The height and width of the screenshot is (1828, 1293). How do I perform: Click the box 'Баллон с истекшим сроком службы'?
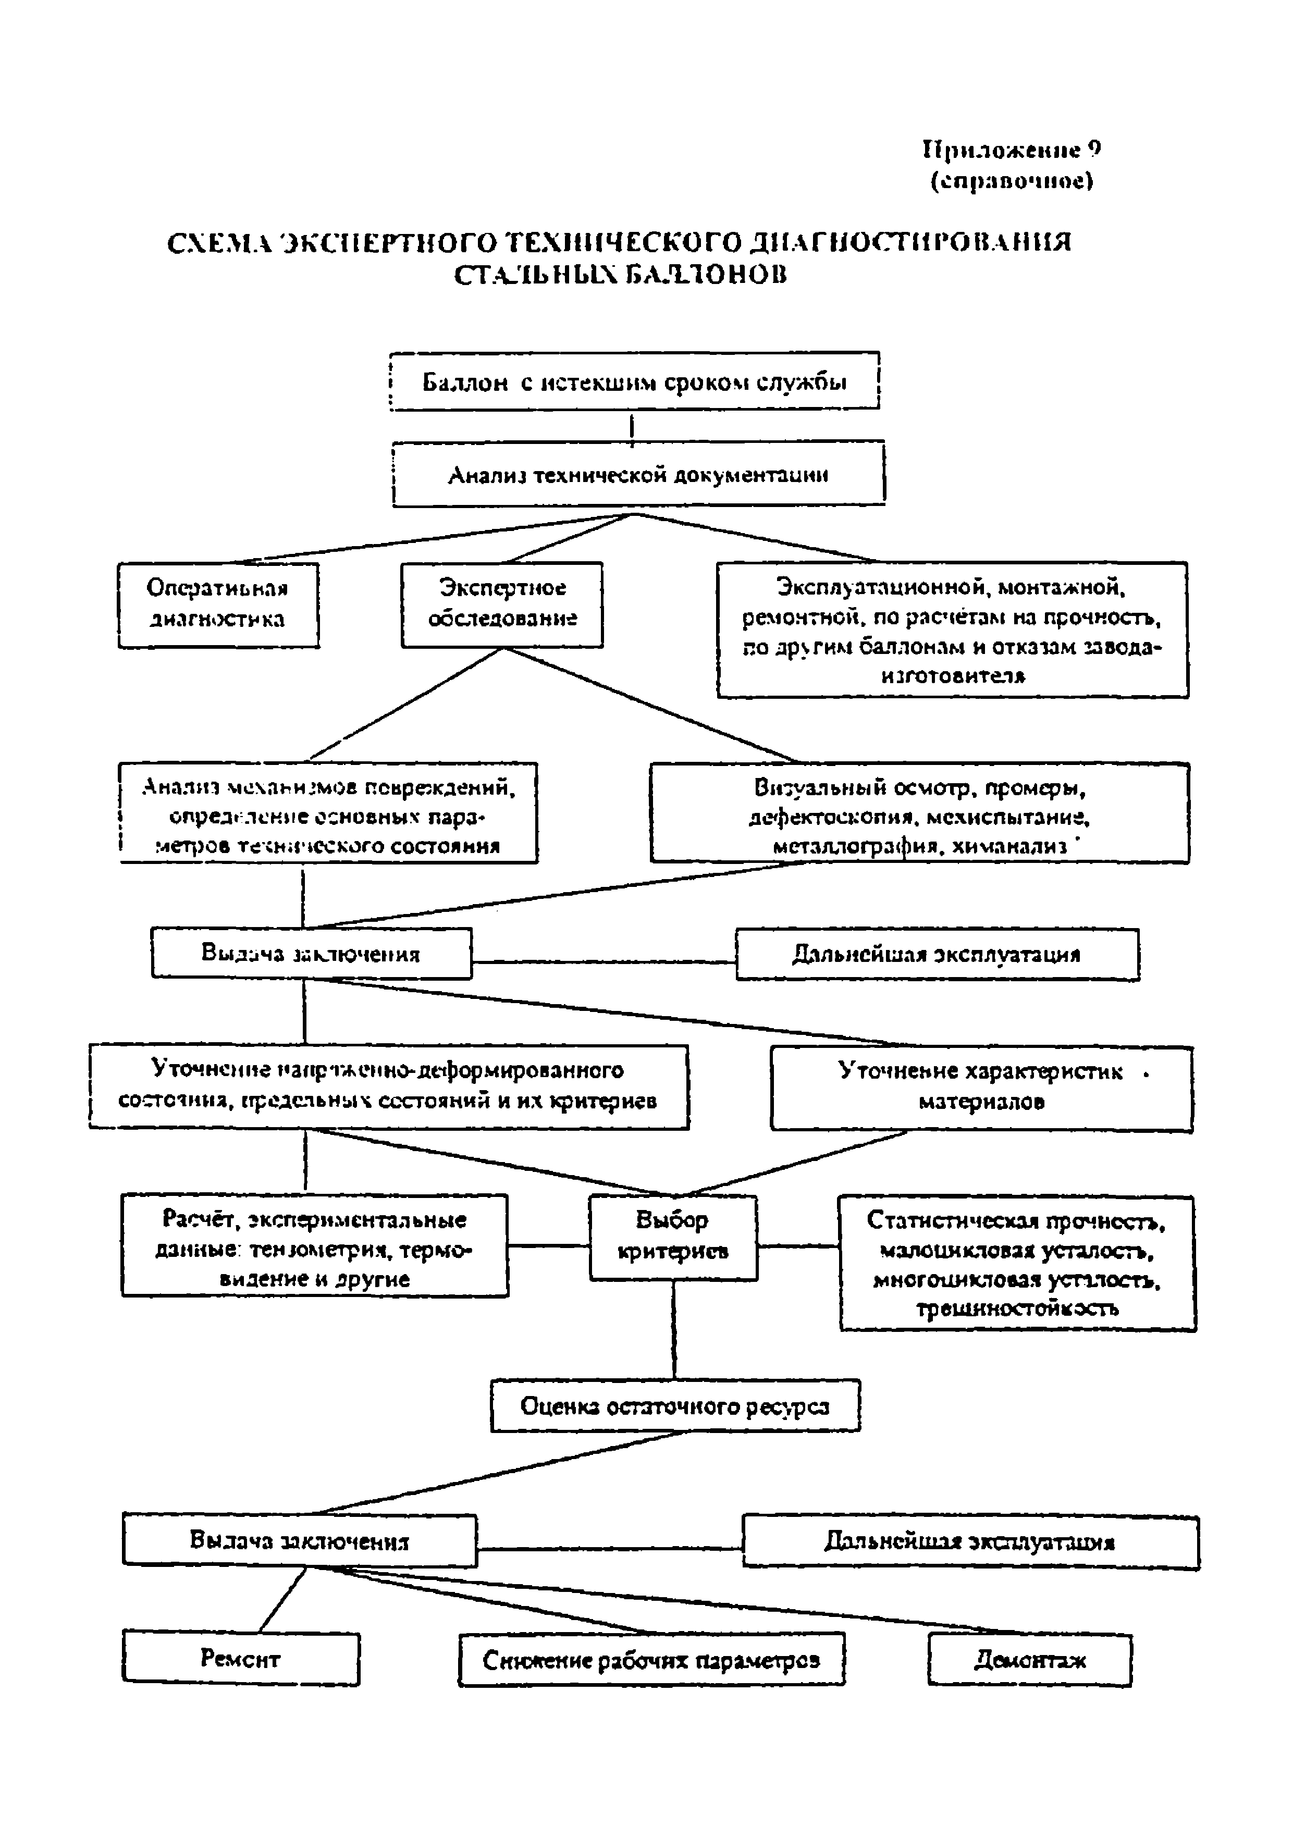(635, 381)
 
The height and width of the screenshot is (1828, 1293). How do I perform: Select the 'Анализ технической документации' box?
(638, 475)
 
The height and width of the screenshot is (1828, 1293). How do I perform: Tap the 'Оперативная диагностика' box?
(218, 605)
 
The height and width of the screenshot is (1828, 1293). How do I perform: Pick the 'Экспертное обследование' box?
(501, 605)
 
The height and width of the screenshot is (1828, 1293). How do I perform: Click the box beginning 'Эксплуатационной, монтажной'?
(952, 630)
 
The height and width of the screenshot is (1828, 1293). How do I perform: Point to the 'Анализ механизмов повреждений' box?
(328, 813)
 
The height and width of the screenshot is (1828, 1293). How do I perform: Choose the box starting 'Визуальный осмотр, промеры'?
(920, 813)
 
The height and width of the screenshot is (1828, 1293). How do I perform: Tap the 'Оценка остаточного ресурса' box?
(675, 1406)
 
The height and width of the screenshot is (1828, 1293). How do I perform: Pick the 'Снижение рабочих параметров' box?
(651, 1657)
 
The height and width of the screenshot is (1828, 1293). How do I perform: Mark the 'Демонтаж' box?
(1029, 1657)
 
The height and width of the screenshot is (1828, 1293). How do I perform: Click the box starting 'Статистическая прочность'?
(1017, 1263)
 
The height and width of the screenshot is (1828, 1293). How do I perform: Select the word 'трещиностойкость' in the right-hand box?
(1017, 1308)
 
